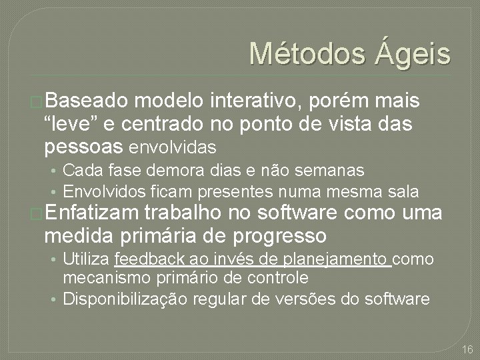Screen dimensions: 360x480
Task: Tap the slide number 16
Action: tap(467, 349)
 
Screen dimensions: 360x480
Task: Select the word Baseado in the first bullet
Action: tap(87, 101)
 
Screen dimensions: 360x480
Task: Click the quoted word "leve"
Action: tap(70, 123)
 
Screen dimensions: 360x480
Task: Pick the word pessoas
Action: tap(83, 145)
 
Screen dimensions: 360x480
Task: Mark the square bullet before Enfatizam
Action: tap(37, 215)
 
